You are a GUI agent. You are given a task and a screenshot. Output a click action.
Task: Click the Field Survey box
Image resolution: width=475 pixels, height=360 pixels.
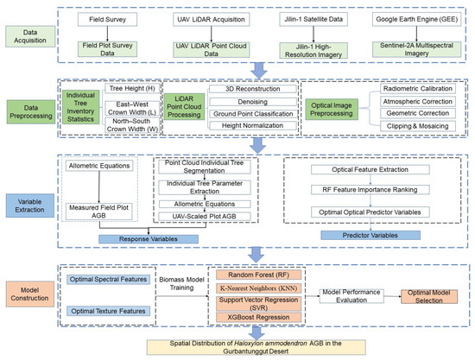click(107, 19)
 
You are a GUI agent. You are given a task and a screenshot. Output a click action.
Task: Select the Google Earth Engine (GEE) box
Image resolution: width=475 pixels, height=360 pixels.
click(416, 19)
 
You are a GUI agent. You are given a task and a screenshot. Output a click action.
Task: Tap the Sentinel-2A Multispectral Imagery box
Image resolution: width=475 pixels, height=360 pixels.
click(416, 49)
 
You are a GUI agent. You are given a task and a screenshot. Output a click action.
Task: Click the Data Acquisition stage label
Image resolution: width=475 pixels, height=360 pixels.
click(30, 36)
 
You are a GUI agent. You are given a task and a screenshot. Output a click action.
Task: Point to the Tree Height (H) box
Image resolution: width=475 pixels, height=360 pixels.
click(132, 88)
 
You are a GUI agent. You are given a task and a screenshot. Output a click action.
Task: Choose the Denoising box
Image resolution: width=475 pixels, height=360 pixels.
click(253, 102)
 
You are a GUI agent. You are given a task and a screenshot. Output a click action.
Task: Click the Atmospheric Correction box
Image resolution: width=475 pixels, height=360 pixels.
click(418, 101)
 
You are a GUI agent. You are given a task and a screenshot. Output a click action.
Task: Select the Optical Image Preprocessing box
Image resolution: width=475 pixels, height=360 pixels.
click(332, 110)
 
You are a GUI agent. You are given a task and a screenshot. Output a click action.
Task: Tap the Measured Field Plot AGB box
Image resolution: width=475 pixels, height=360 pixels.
click(98, 212)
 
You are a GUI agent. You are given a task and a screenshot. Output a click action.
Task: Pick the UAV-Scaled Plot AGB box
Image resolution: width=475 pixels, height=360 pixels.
click(205, 216)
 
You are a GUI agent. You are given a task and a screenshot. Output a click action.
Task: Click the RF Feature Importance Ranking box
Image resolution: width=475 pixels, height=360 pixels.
click(370, 190)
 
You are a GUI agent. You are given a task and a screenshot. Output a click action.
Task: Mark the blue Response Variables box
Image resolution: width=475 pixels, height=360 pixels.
click(149, 239)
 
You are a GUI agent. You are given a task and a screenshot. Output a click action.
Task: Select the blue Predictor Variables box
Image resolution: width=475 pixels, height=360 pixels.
click(370, 236)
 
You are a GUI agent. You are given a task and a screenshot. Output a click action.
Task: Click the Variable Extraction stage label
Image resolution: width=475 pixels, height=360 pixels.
click(30, 205)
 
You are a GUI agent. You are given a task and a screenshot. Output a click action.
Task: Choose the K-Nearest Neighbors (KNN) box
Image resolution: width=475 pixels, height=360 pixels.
click(258, 288)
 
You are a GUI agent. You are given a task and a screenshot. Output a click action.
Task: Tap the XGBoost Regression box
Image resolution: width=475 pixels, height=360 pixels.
click(258, 318)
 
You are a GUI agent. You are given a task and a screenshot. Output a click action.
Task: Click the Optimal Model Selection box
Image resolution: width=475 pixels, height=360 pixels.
click(429, 296)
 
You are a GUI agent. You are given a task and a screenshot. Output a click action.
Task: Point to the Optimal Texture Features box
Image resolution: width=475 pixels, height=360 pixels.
click(108, 311)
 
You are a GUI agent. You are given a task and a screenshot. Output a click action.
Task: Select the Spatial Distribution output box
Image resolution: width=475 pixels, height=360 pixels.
click(256, 347)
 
